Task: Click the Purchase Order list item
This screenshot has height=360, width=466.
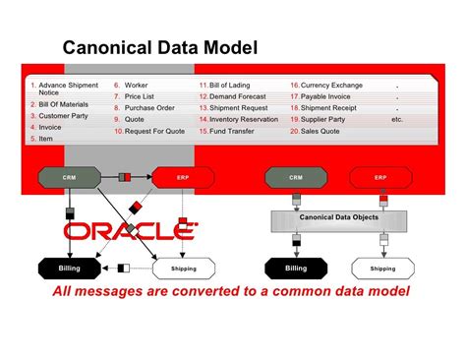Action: click(149, 107)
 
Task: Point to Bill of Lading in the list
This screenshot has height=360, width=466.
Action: click(235, 86)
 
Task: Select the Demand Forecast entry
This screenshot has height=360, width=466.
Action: click(242, 96)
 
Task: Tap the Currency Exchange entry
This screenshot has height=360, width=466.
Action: click(332, 86)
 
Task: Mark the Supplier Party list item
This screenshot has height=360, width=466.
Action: click(329, 118)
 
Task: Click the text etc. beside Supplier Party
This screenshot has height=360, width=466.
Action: click(397, 119)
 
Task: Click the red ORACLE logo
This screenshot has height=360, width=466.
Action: click(130, 231)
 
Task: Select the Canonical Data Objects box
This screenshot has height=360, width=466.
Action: click(338, 216)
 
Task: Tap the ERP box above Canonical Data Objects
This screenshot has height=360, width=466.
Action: click(380, 178)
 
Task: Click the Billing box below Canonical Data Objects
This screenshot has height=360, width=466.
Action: click(296, 268)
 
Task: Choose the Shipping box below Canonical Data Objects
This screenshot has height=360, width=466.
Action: click(382, 268)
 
